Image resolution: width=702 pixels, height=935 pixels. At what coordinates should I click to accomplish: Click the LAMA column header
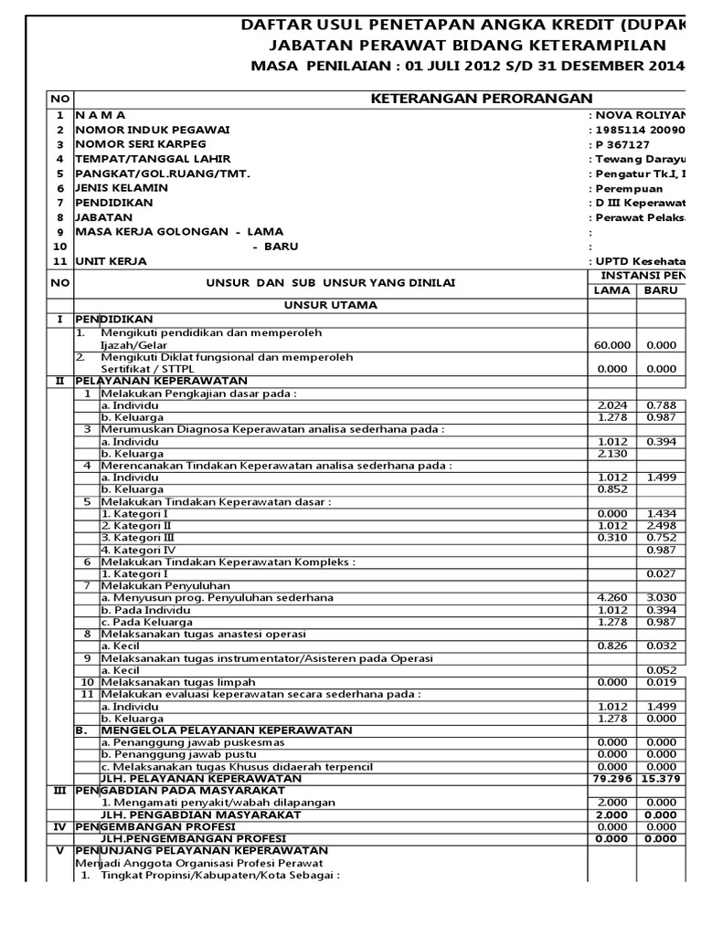[612, 290]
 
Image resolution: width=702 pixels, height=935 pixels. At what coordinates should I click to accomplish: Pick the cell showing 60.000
[612, 345]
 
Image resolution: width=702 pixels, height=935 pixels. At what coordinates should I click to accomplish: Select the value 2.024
[612, 404]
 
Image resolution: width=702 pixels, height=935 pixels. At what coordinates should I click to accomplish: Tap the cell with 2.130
[612, 454]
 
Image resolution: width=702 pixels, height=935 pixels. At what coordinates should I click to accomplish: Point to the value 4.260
[612, 597]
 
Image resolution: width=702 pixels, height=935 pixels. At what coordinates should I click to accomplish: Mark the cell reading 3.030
[661, 597]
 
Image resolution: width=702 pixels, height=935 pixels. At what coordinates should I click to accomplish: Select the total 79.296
[612, 778]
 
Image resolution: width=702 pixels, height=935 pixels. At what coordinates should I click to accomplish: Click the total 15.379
[661, 778]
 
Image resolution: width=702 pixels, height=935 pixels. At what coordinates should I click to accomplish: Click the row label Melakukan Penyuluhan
[165, 585]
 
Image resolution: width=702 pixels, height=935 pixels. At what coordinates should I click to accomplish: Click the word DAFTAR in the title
[274, 24]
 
